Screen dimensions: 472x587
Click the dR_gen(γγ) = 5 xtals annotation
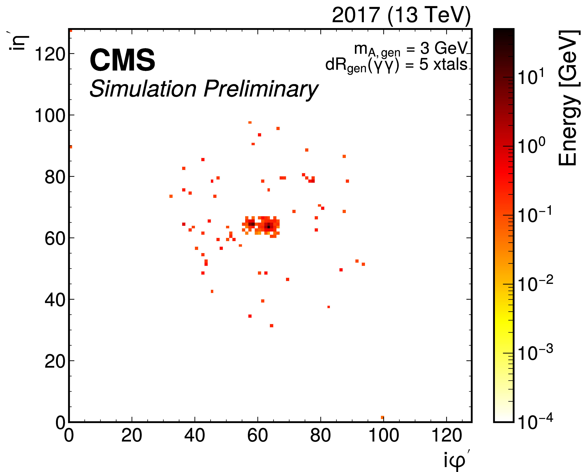(396, 65)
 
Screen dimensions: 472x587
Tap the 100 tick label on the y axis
(50, 116)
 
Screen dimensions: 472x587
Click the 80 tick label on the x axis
(320, 435)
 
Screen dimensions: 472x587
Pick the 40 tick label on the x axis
(195, 435)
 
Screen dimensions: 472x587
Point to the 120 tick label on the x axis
(446, 435)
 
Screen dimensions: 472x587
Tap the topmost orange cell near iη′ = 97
(250, 123)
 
